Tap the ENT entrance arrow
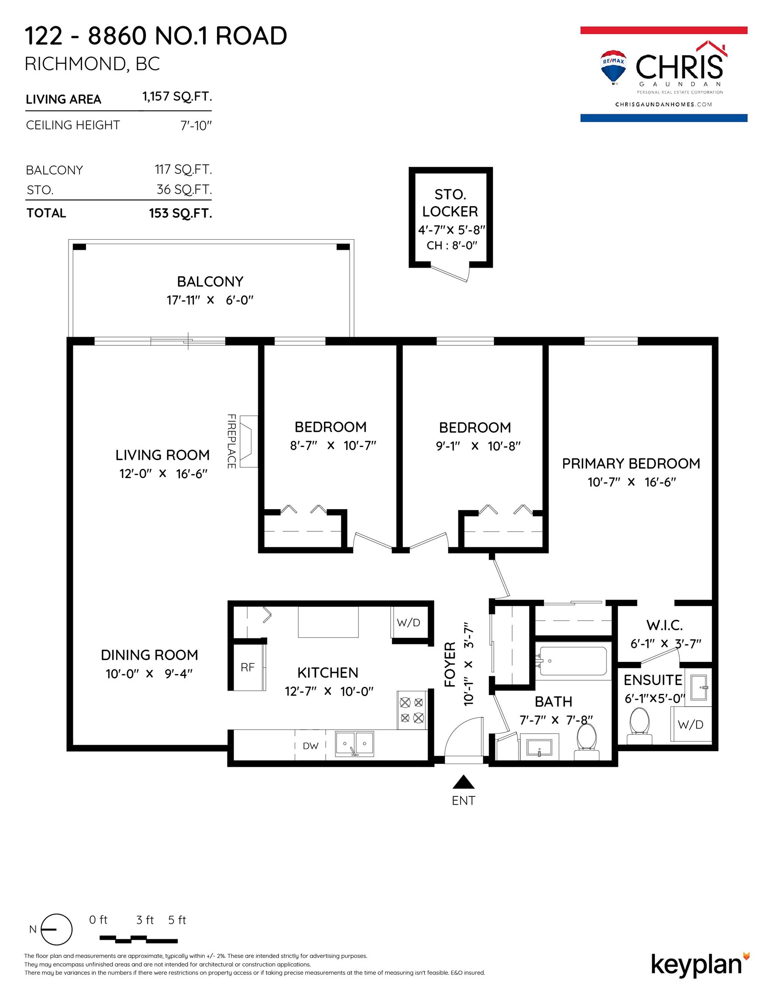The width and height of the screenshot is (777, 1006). pyautogui.click(x=463, y=782)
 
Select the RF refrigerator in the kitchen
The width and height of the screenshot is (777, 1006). pyautogui.click(x=248, y=667)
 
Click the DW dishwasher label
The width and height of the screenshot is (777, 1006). pyautogui.click(x=310, y=746)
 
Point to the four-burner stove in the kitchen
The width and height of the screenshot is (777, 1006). pyautogui.click(x=412, y=710)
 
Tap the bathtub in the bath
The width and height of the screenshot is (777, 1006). pyautogui.click(x=573, y=661)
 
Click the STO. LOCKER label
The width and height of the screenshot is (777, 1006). pyautogui.click(x=450, y=203)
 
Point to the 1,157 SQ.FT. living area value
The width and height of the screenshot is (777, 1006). pyautogui.click(x=177, y=97)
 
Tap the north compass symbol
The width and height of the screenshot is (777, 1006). pyautogui.click(x=57, y=929)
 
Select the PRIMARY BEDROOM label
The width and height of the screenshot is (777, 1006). pyautogui.click(x=631, y=463)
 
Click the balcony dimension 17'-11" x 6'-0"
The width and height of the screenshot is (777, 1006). pyautogui.click(x=210, y=300)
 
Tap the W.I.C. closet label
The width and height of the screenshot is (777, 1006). pyautogui.click(x=664, y=625)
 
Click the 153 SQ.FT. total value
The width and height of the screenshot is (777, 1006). pyautogui.click(x=181, y=213)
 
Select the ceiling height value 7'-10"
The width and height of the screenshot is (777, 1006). pyautogui.click(x=196, y=126)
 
